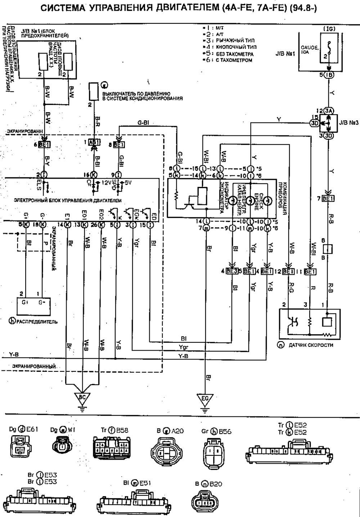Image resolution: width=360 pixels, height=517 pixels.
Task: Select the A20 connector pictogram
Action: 167,451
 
